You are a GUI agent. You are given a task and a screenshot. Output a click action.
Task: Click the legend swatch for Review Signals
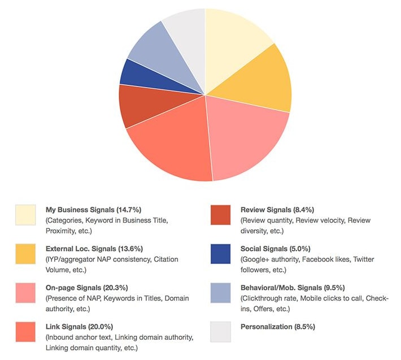(220, 215)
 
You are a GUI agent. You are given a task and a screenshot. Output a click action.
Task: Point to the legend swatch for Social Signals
(220, 254)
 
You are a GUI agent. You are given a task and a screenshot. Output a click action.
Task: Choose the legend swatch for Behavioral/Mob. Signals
(220, 293)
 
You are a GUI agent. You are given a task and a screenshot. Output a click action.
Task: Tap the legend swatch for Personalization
(220, 332)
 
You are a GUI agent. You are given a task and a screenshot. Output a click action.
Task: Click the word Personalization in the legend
(265, 326)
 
